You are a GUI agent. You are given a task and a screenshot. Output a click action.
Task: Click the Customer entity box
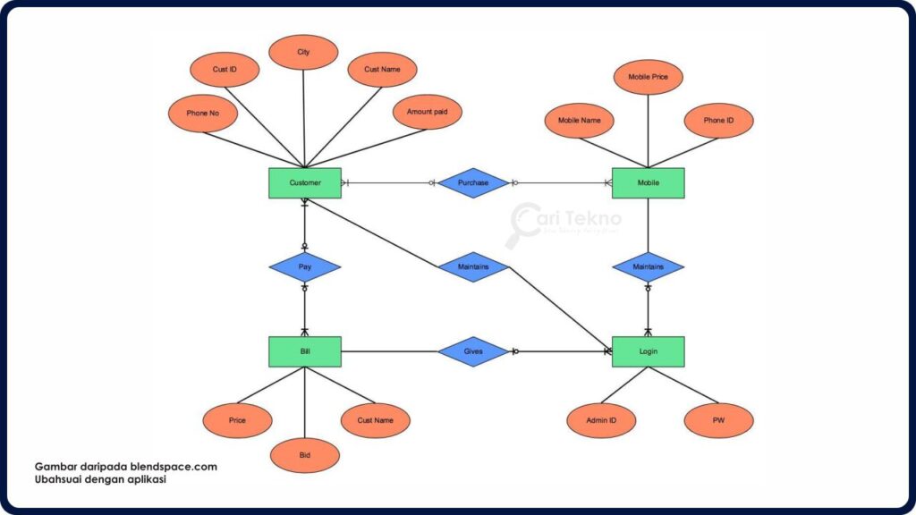(304, 183)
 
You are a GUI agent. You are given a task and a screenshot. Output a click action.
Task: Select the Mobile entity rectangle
(648, 183)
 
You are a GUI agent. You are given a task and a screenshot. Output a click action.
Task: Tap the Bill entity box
(304, 351)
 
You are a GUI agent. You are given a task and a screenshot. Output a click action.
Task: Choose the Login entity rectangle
(648, 351)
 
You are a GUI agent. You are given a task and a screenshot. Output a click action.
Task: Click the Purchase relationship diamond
(473, 183)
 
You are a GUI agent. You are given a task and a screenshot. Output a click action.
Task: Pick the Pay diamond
(304, 267)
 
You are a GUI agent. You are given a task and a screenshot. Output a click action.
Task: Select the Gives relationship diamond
(473, 351)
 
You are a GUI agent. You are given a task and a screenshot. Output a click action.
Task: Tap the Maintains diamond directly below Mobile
(648, 267)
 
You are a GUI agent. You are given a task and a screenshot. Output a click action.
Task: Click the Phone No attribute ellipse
(203, 114)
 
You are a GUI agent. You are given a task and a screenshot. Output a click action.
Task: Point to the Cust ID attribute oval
(225, 70)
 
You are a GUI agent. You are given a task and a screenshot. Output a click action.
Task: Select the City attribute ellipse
(303, 53)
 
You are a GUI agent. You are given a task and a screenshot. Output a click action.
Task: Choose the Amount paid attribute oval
(427, 112)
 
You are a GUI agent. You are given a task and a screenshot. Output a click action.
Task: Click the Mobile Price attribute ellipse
(648, 77)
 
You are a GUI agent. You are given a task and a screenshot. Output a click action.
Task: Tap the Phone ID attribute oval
(718, 121)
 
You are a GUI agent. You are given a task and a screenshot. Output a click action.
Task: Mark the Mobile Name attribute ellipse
(579, 121)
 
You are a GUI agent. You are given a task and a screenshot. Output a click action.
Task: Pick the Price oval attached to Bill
(237, 420)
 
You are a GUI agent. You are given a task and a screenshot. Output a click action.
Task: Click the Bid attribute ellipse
(305, 455)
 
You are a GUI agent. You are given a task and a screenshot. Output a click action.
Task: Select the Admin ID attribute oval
(601, 420)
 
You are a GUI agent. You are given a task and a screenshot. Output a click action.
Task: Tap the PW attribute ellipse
(718, 420)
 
